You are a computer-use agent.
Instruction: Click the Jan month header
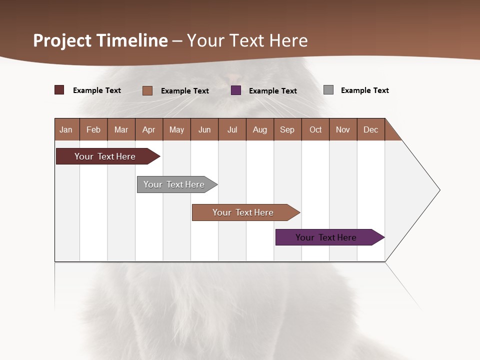click(x=66, y=129)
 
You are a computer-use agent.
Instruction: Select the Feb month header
click(x=93, y=129)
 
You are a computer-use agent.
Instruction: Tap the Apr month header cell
click(x=149, y=129)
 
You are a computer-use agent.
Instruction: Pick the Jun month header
click(x=204, y=129)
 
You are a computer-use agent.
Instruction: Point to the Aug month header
click(x=260, y=129)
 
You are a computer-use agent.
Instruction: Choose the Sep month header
click(x=287, y=129)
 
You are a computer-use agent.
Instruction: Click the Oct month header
click(x=315, y=129)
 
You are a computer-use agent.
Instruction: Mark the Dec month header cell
click(x=371, y=129)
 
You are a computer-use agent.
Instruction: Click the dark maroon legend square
click(x=59, y=90)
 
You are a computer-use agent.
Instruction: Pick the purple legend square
click(x=236, y=90)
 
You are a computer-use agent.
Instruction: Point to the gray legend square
click(x=328, y=90)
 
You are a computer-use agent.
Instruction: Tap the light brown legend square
click(x=147, y=90)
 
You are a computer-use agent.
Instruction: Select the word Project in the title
click(x=62, y=40)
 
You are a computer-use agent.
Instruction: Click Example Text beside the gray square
click(x=364, y=90)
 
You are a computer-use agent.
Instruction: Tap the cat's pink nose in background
click(x=233, y=78)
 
